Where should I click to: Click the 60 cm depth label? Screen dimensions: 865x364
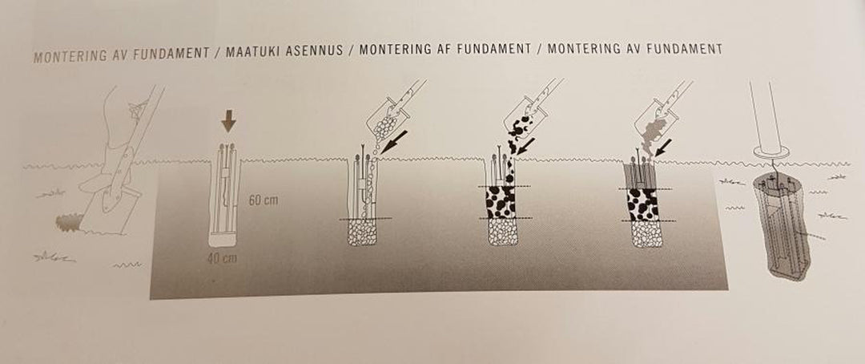264,200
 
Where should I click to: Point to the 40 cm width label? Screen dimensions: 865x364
222,258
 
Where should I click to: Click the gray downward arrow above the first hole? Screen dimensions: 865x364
228,121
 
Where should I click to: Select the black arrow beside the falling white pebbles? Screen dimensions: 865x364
394,142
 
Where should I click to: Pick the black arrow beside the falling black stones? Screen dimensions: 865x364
528,145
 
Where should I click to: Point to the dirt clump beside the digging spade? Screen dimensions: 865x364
68,223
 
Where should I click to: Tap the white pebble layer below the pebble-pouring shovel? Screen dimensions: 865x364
362,232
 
